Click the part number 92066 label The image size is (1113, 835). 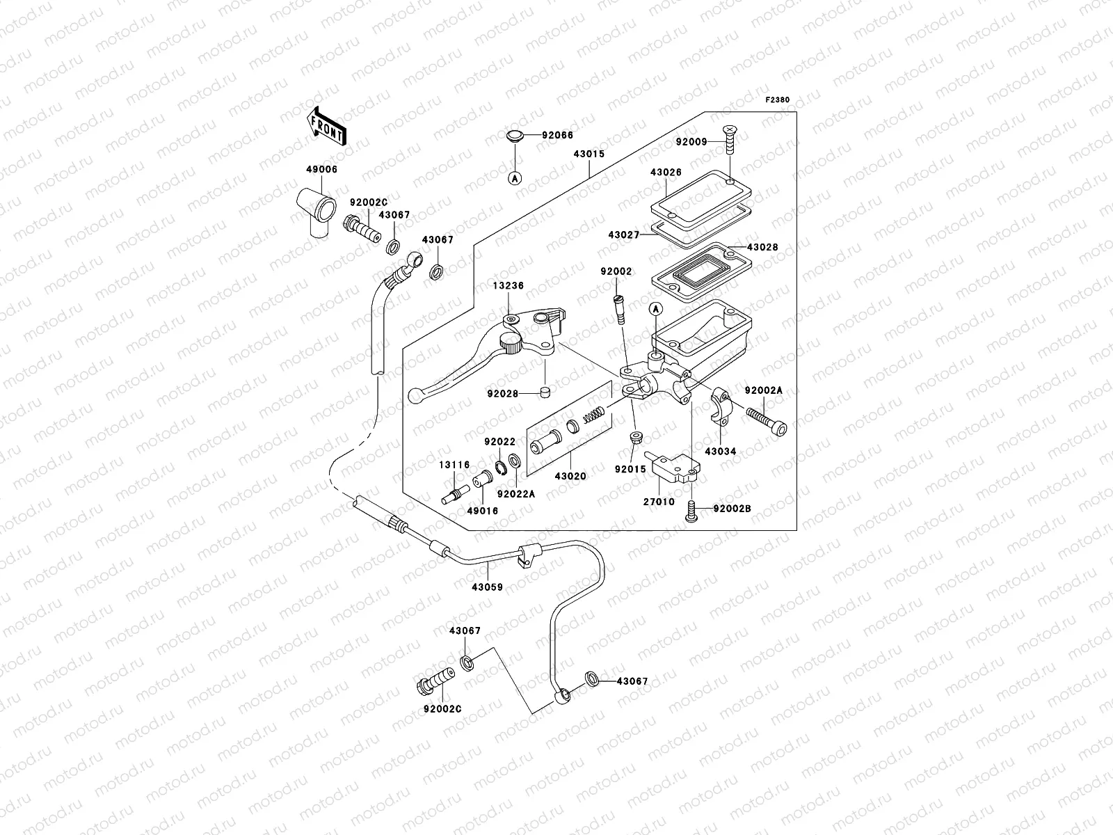[x=557, y=136]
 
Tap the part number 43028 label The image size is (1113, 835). [x=762, y=247]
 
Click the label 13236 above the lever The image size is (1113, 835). [x=509, y=285]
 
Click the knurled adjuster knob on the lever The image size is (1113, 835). [x=512, y=344]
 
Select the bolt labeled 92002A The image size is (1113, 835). [x=767, y=420]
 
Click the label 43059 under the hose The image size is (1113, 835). [x=487, y=587]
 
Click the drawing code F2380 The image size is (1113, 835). [x=778, y=100]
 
